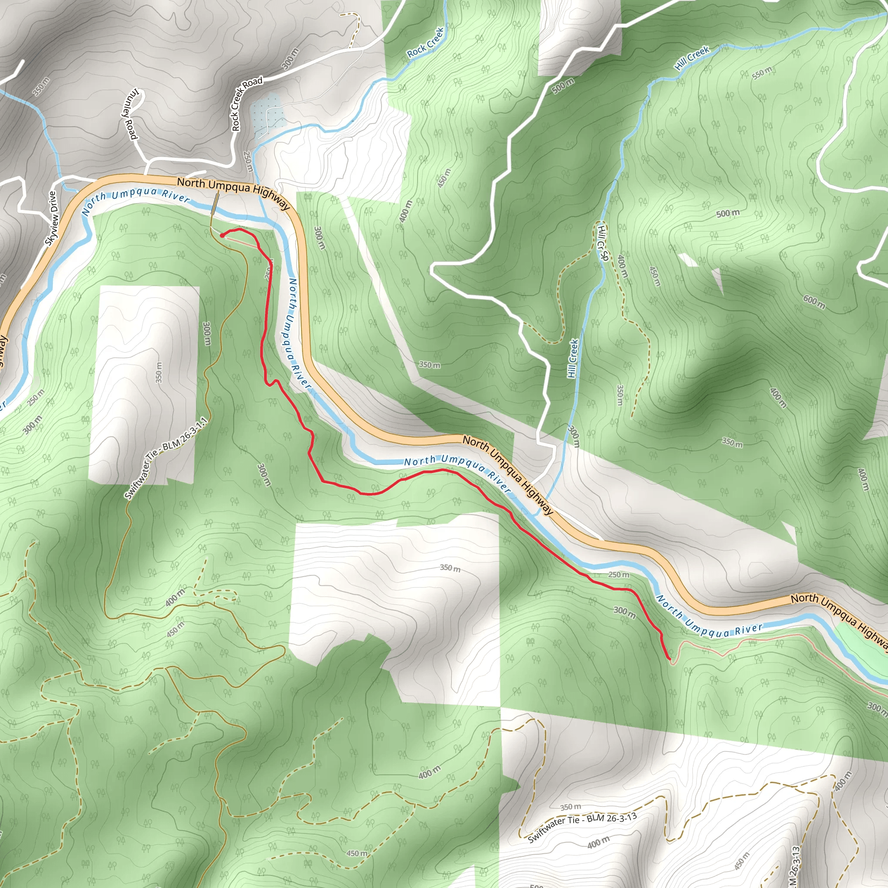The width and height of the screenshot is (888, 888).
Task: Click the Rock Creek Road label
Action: [247, 104]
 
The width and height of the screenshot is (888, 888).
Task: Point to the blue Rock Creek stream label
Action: [426, 43]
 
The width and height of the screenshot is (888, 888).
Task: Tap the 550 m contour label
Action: [761, 72]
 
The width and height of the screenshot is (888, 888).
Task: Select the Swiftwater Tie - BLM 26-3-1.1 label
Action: [166, 458]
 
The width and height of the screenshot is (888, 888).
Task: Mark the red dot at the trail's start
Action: [222, 235]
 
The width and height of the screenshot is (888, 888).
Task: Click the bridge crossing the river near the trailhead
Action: [215, 204]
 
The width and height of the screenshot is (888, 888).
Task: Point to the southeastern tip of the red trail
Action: [669, 659]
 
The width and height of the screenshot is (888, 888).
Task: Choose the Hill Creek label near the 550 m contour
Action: [692, 58]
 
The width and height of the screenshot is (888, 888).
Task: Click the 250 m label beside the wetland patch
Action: [248, 161]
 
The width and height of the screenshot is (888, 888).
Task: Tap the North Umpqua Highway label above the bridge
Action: [234, 190]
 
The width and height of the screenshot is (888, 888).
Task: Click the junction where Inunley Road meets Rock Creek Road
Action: [147, 161]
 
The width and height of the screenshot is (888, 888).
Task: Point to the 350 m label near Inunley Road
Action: [41, 86]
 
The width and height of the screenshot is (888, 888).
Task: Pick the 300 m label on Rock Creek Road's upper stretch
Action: [290, 59]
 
